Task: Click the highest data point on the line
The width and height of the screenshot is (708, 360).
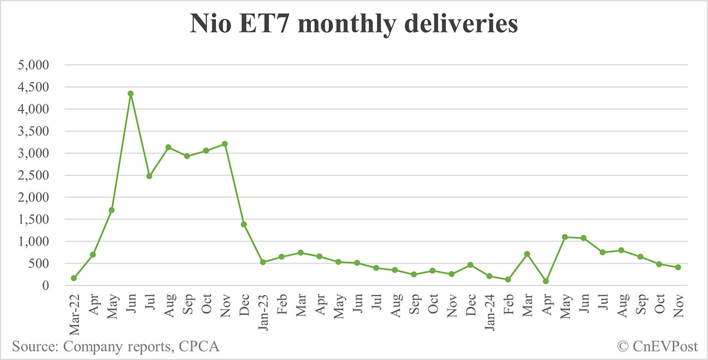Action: (130, 93)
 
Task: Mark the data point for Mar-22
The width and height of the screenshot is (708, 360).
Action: (74, 278)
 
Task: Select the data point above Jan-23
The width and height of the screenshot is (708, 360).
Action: (263, 262)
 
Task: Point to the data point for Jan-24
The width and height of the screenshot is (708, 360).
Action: (489, 276)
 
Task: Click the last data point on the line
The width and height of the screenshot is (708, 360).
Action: (678, 267)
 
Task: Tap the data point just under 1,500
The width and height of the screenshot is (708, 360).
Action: (244, 224)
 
